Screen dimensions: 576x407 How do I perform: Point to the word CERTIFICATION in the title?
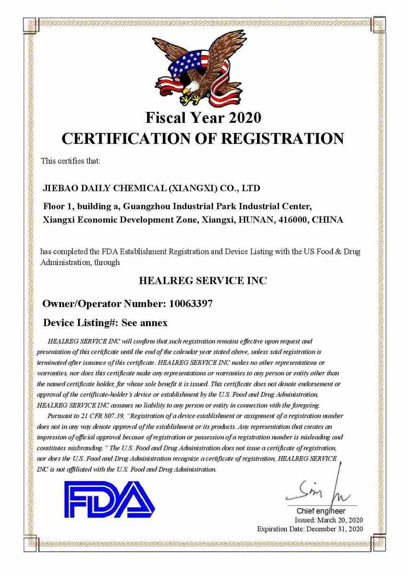[x=130, y=138]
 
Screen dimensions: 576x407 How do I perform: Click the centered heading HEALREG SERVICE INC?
[x=203, y=280]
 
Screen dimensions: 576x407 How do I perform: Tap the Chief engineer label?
[x=321, y=511]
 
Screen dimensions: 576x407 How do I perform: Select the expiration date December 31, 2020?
[x=334, y=529]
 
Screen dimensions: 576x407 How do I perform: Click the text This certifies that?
[x=70, y=161]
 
